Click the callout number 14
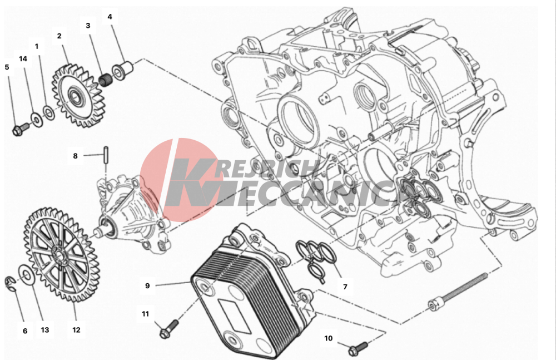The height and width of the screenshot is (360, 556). [23, 59]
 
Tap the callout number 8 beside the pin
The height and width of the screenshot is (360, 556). [75, 156]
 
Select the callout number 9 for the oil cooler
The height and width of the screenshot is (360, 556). [147, 285]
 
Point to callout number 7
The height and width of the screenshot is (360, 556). [345, 287]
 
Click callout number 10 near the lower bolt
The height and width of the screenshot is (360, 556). [329, 338]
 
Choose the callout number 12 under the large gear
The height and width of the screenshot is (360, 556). [76, 330]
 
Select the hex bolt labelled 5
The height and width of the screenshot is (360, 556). [21, 129]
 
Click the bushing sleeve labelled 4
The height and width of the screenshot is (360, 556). [122, 70]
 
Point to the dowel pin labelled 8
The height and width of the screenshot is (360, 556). [106, 155]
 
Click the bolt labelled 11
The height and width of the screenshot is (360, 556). [169, 329]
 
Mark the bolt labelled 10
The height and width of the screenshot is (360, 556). [358, 348]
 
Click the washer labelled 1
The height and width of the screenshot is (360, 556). [49, 112]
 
